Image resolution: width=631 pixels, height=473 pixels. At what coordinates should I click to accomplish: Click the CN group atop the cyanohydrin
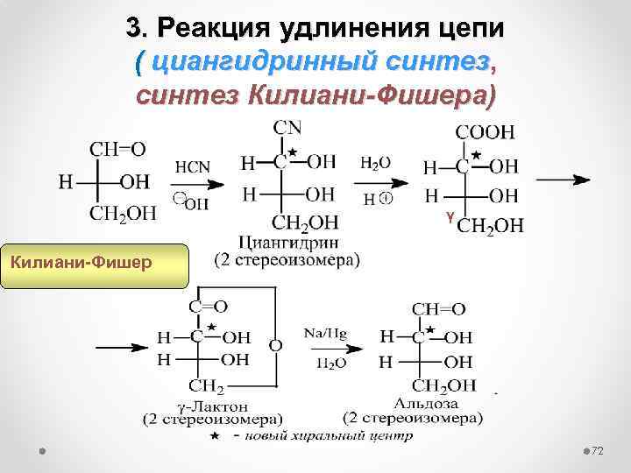[x=288, y=129]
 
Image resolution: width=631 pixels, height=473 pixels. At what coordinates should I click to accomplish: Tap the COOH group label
[x=485, y=134]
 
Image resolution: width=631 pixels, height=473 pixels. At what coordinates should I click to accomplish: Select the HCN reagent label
[x=193, y=166]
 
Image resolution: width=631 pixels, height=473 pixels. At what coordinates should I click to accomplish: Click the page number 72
[x=598, y=450]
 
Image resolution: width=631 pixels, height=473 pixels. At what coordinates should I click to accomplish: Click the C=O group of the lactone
[x=209, y=307]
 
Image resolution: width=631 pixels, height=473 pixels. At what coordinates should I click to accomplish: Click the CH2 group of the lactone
[x=207, y=385]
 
